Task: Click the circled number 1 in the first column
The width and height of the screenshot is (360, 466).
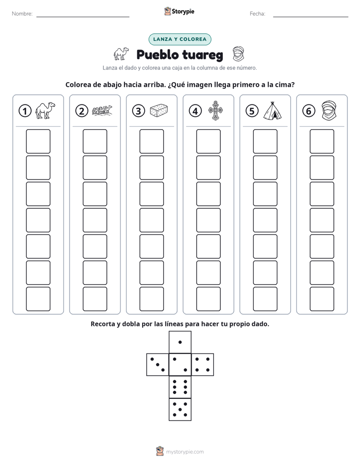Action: point(25,111)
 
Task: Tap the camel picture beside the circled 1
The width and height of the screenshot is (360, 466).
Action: point(45,110)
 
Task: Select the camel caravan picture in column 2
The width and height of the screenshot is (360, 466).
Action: point(102,110)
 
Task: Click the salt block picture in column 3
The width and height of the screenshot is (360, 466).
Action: point(159,110)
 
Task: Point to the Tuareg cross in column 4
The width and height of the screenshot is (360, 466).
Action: point(216,110)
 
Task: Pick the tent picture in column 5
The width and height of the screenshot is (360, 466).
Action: point(272,110)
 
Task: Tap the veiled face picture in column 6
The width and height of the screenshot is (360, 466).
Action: point(329,110)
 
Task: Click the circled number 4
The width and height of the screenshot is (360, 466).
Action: point(195,111)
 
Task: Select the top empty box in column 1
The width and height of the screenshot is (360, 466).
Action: point(38,141)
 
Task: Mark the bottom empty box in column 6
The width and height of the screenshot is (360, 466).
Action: point(322,299)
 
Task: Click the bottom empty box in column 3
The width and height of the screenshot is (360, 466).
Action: point(151,299)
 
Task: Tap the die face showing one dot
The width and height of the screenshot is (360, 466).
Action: point(180,342)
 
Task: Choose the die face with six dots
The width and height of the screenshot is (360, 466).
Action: point(180,387)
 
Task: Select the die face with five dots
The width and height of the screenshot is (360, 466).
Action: point(180,410)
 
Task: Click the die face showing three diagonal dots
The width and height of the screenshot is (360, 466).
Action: point(157,364)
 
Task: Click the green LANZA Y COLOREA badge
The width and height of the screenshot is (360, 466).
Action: point(179,39)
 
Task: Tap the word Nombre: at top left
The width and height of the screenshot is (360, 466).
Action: point(22,14)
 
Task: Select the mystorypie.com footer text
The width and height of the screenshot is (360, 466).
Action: point(185,452)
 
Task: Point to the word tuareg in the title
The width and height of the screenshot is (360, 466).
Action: point(203,55)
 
